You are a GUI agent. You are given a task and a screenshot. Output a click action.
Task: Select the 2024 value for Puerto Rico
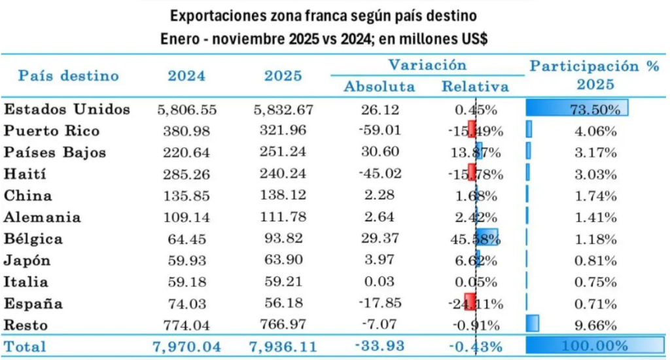click(x=186, y=131)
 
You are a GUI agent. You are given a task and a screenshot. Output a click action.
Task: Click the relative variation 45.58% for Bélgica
click(x=475, y=239)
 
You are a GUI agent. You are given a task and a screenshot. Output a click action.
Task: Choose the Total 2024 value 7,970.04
click(x=186, y=345)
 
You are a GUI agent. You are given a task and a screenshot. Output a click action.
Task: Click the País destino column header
click(x=69, y=75)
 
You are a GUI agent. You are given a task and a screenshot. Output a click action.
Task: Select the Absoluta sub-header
click(x=379, y=86)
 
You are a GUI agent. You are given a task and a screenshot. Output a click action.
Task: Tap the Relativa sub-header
click(x=475, y=86)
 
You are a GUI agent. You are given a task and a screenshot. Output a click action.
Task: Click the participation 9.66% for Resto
click(x=595, y=325)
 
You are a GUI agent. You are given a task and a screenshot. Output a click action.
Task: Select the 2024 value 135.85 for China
click(x=186, y=196)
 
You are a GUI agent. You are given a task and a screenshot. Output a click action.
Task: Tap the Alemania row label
click(x=43, y=217)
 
